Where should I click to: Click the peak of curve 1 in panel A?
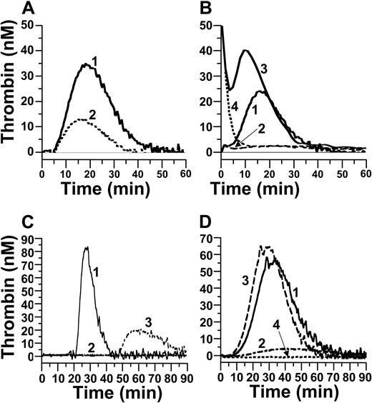(x=87, y=65)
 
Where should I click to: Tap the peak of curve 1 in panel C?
(x=86, y=248)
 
